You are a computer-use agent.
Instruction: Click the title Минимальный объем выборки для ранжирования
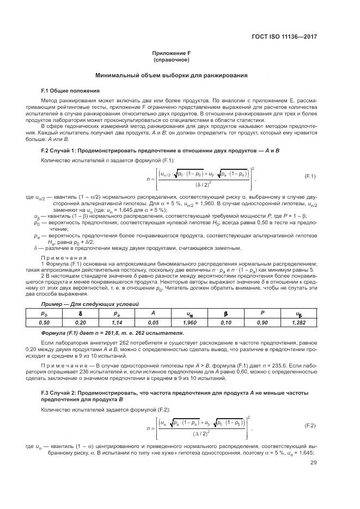point(171,75)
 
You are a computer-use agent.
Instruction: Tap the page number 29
point(313,463)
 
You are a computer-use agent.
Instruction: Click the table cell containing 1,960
point(189,323)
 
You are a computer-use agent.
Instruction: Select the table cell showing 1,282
point(298,323)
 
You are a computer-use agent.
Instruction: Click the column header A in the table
point(153,314)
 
